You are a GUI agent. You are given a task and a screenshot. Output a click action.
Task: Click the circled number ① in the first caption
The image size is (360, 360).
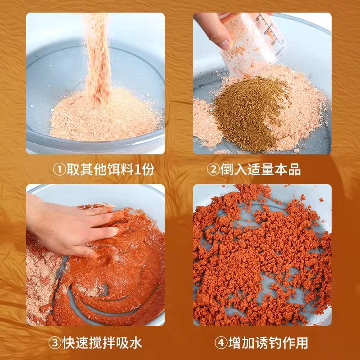click(x=59, y=169)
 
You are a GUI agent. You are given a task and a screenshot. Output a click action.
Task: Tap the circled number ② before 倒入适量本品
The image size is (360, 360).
click(x=213, y=170)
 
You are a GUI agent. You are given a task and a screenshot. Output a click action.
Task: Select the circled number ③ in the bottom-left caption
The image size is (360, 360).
click(x=54, y=343)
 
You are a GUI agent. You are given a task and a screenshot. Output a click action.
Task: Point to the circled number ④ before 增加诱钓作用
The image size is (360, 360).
click(x=220, y=343)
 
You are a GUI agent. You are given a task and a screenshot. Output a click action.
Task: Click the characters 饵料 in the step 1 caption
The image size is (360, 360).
click(x=117, y=169)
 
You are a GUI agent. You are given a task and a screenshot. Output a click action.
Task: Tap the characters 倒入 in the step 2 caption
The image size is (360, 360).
click(x=231, y=170)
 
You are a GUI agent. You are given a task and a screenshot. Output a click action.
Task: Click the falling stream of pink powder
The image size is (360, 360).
click(x=98, y=58)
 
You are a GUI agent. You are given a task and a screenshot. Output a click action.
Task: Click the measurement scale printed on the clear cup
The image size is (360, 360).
click(x=271, y=30)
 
